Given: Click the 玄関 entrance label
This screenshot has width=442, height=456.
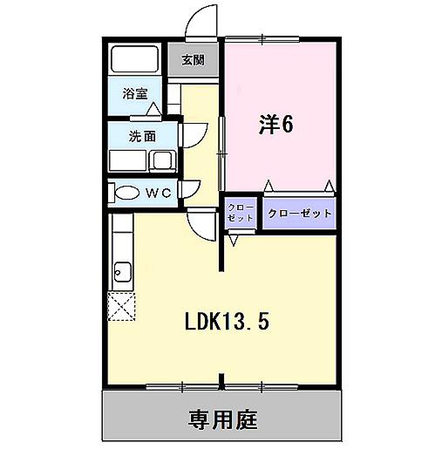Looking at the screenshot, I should [194, 61].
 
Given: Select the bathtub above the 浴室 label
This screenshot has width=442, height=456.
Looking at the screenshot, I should [134, 60].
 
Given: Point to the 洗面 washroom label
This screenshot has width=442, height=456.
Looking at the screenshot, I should [142, 136].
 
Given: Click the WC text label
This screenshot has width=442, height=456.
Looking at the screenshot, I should [157, 192].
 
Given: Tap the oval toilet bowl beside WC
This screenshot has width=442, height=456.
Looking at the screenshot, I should [126, 193].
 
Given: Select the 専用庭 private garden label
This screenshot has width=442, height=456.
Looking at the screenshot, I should [223, 419].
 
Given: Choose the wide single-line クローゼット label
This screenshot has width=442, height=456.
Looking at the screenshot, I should [299, 213].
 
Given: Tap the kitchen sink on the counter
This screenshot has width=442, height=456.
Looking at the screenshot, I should [120, 273].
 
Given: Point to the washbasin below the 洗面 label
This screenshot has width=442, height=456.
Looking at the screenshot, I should [161, 160].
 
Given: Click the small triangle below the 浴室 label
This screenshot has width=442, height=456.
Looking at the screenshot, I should [153, 108].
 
